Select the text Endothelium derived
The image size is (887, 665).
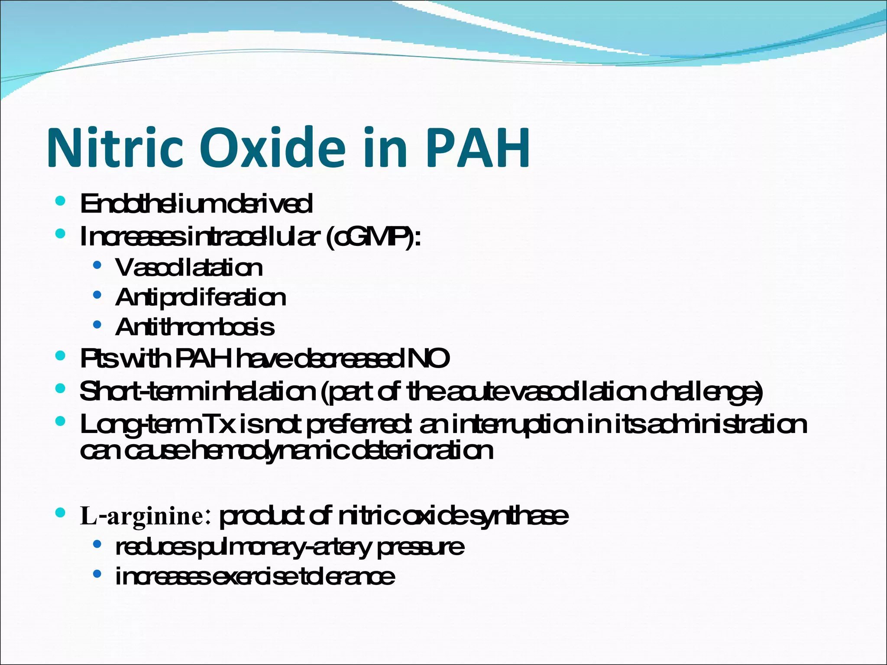point(196,204)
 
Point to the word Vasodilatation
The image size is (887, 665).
point(189,268)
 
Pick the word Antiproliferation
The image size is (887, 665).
point(201,297)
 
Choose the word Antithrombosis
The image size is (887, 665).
point(195,327)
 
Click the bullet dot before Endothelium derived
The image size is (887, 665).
point(61,201)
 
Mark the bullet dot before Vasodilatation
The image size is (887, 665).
point(97,265)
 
